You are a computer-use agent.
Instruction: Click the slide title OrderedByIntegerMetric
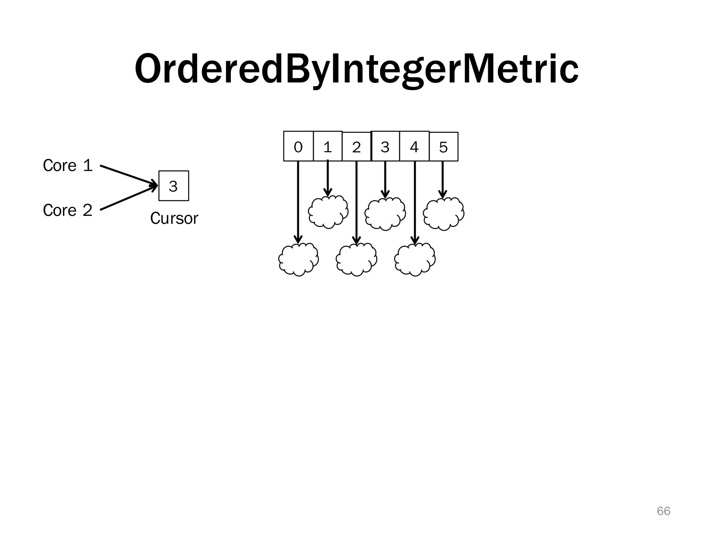coord(356,69)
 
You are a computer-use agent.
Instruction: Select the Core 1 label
coord(68,165)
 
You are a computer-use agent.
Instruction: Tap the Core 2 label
coord(68,210)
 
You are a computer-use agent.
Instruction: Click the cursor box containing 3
coord(173,186)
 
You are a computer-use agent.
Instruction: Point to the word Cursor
coord(174,219)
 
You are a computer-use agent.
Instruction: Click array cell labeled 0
coord(298,147)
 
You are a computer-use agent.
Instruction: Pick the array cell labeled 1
coord(327,147)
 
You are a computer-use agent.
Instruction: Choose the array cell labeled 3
coord(385,147)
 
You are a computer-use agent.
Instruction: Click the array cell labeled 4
coord(414,147)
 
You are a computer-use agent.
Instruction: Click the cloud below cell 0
coord(298,259)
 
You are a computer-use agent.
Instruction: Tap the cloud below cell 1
coord(328,212)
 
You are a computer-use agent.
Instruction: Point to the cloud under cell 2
coord(356,259)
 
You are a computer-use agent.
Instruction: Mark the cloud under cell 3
coord(385,214)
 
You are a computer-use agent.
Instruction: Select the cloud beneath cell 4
coord(415,259)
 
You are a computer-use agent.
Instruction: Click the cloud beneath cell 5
coord(444,214)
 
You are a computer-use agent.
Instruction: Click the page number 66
coord(663,511)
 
